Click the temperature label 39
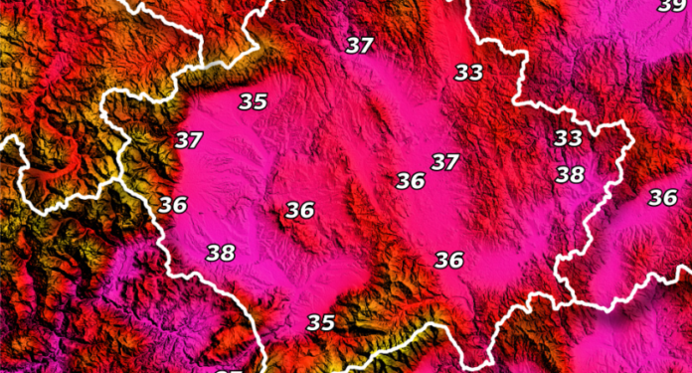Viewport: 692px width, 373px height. [x=671, y=6]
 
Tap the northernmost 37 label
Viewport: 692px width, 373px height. [x=360, y=45]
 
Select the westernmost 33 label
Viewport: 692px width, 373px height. [x=468, y=72]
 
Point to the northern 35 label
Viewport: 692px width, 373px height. [x=253, y=100]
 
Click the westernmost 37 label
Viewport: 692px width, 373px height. [x=188, y=139]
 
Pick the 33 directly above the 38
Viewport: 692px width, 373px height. [x=568, y=137]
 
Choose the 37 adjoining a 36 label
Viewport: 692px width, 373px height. [x=444, y=161]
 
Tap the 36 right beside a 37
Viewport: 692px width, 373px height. [x=410, y=180]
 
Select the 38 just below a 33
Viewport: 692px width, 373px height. [x=570, y=175]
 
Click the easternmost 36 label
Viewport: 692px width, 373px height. [x=662, y=197]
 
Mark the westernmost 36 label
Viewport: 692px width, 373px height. [x=173, y=205]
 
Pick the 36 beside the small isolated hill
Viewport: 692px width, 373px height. [x=299, y=210]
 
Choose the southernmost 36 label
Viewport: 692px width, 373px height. [x=448, y=260]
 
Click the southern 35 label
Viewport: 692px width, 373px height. [x=320, y=322]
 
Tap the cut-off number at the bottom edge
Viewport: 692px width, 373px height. [x=228, y=369]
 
